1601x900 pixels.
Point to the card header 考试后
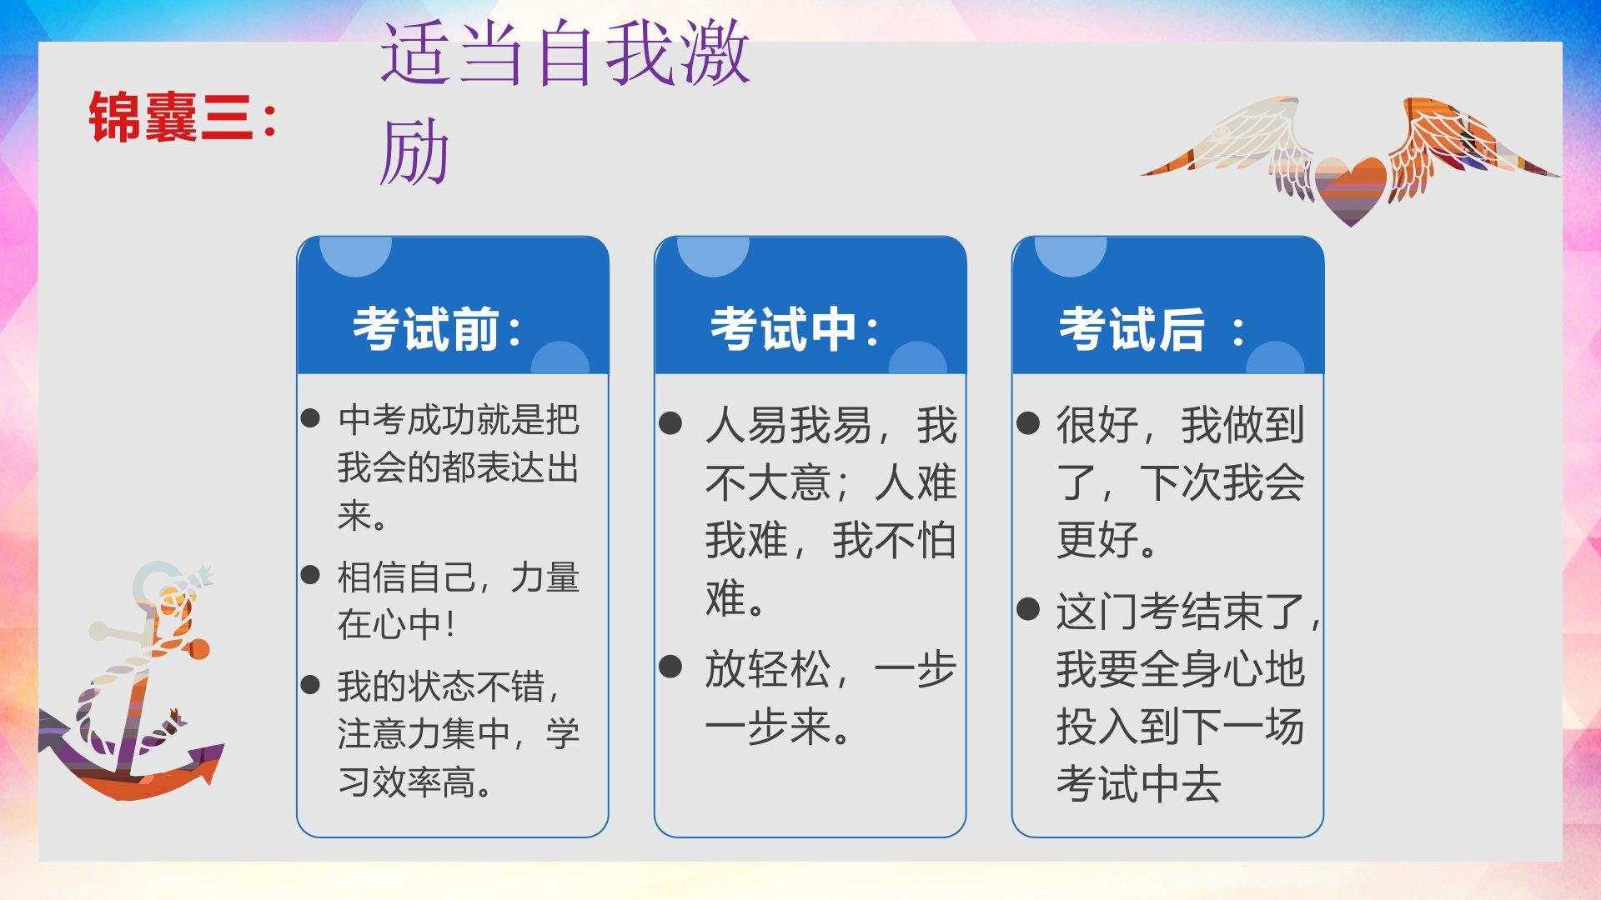1152,329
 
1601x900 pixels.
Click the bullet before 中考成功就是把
310,418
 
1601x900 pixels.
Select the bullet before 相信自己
310,574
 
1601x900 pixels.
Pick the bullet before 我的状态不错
310,685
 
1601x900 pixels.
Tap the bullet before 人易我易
670,423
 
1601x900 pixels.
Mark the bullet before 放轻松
670,667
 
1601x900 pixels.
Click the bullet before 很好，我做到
1028,423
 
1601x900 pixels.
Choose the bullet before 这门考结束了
1028,609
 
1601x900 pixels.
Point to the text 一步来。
777,727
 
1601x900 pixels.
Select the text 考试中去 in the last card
1139,784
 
